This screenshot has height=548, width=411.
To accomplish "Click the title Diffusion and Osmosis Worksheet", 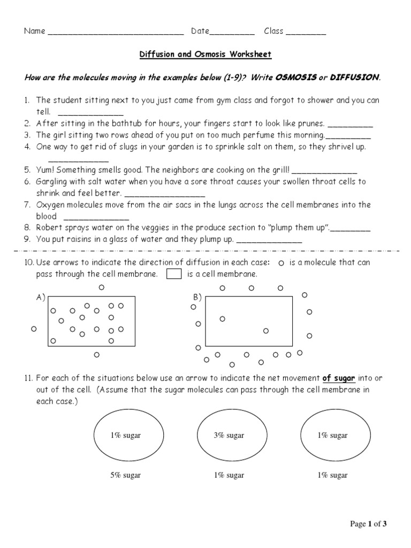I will click(x=205, y=55).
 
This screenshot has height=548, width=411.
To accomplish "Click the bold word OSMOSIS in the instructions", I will click(x=296, y=78).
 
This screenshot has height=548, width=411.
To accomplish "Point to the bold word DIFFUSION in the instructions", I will click(x=355, y=78).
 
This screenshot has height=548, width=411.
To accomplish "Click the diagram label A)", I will click(x=41, y=298).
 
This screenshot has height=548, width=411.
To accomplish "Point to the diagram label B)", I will click(x=197, y=298).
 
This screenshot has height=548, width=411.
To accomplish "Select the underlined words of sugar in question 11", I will click(x=339, y=378).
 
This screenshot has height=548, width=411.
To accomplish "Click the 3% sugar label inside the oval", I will click(x=229, y=436).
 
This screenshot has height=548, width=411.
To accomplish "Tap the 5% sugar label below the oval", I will click(x=125, y=475).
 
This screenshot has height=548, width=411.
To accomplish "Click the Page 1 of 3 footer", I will click(x=368, y=524).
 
